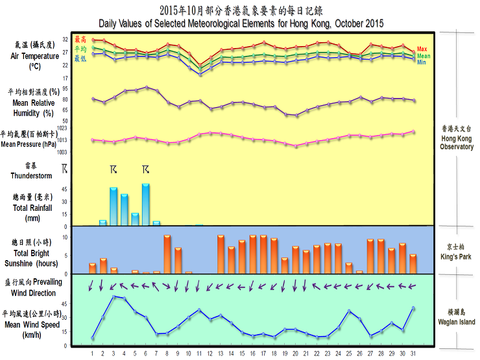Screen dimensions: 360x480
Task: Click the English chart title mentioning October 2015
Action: pyautogui.click(x=241, y=23)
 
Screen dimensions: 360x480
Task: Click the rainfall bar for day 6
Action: pyautogui.click(x=146, y=204)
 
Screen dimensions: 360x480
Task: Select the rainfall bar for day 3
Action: pyautogui.click(x=114, y=206)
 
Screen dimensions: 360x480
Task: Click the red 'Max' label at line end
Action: pyautogui.click(x=422, y=49)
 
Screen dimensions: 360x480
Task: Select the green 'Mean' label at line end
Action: pyautogui.click(x=424, y=56)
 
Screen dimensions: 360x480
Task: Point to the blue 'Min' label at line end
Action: pyautogui.click(x=422, y=62)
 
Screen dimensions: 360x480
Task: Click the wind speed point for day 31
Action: pyautogui.click(x=413, y=308)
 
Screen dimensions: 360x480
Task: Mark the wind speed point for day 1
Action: pyautogui.click(x=93, y=338)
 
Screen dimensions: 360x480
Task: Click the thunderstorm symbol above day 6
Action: pyautogui.click(x=146, y=170)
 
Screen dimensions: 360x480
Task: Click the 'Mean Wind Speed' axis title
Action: pyautogui.click(x=32, y=325)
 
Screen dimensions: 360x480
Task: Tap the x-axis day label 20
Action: pyautogui.click(x=295, y=354)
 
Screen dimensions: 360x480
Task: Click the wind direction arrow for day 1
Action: pyautogui.click(x=92, y=284)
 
